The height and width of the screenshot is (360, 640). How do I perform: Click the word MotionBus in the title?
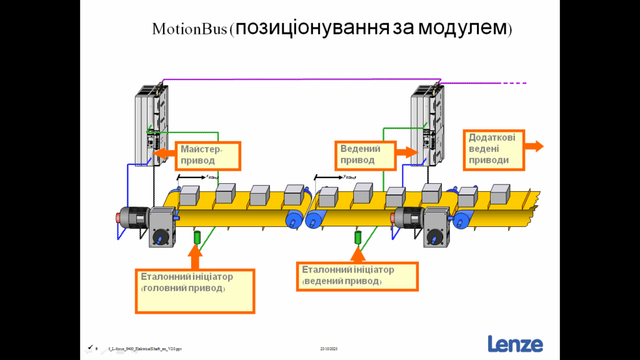tap(191, 29)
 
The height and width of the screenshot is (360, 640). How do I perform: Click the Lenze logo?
tap(515, 344)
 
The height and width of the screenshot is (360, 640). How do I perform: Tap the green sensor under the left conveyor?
tap(197, 237)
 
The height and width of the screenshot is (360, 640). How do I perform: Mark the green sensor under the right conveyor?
tap(358, 237)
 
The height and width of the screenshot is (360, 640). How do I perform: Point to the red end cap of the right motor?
tap(392, 218)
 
